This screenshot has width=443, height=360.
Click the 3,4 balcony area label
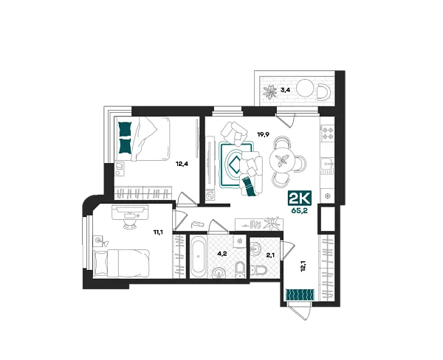[x=285, y=90]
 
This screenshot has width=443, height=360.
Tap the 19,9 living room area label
[x=263, y=134]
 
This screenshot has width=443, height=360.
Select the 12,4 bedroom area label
[x=182, y=164]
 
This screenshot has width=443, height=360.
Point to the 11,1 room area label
[x=159, y=232]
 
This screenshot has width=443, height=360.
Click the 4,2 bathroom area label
[x=221, y=254]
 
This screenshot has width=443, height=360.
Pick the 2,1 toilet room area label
[x=270, y=255]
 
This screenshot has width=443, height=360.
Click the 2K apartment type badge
[x=300, y=198]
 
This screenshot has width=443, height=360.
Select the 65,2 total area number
[x=300, y=210]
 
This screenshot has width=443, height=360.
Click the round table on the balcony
[x=305, y=88]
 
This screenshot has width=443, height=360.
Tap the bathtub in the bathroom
[x=199, y=257]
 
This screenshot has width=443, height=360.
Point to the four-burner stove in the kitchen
[x=328, y=134]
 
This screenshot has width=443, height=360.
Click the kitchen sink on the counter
[x=327, y=164]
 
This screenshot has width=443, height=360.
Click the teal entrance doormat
[x=300, y=294]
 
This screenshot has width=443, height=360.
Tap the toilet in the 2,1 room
[x=258, y=270]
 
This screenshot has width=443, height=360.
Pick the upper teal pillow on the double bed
[x=125, y=129]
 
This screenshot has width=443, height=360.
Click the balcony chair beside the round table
[x=324, y=92]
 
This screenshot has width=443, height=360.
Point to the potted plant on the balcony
[x=269, y=92]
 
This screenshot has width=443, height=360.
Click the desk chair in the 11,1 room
[x=130, y=224]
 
